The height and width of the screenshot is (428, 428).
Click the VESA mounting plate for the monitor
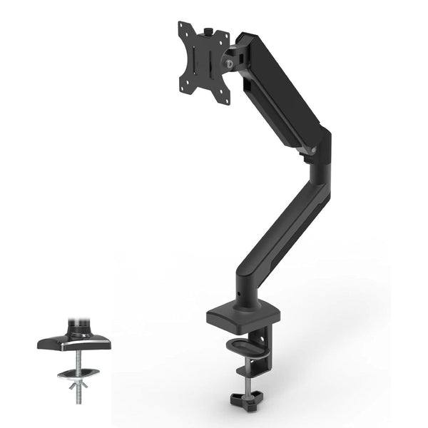tap(203, 63)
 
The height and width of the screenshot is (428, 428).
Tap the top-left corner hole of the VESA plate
tap(183, 29)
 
